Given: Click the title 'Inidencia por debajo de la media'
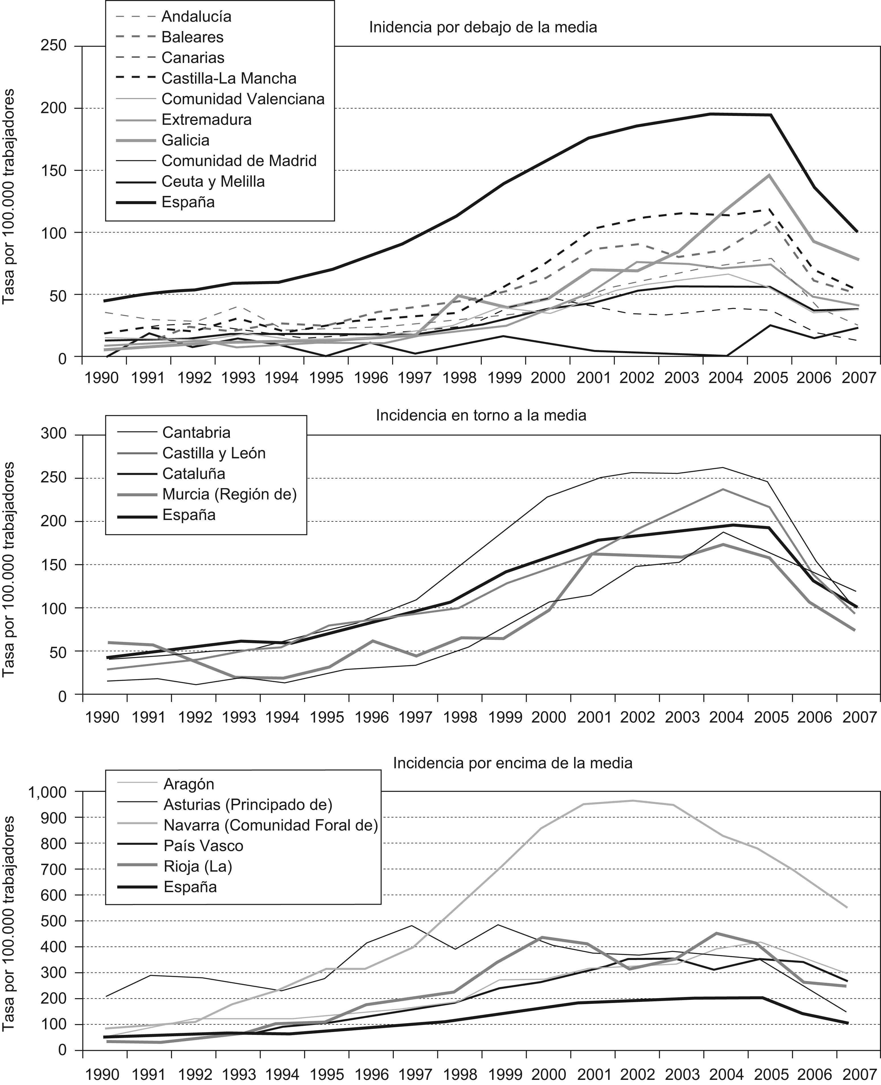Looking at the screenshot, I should [483, 27].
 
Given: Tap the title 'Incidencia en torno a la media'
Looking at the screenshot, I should [481, 415].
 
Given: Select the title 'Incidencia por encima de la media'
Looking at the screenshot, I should [513, 763].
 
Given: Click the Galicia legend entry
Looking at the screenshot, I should [185, 140].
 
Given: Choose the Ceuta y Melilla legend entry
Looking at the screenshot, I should [213, 181].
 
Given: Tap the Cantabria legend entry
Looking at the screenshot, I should [196, 432].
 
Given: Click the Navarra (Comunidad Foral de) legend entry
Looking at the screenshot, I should [271, 825].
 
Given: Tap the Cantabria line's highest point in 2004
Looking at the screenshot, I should [723, 467].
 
